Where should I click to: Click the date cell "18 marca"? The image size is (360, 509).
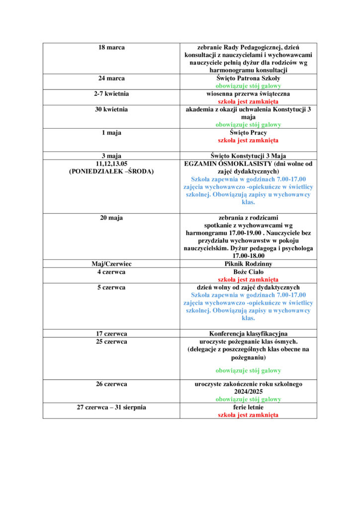click(x=111, y=47)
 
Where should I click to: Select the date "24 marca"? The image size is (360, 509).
click(x=111, y=78)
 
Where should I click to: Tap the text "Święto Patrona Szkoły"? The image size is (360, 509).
click(x=248, y=78)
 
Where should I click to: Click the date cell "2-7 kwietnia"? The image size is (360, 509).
click(x=111, y=93)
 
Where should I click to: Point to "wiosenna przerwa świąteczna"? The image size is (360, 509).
click(x=248, y=93)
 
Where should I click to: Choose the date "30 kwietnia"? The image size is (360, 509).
click(x=111, y=109)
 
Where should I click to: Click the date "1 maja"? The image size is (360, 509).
click(x=111, y=133)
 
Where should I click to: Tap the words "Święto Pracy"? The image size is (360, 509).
click(x=248, y=133)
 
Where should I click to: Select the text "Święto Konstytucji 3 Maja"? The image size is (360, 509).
click(x=248, y=156)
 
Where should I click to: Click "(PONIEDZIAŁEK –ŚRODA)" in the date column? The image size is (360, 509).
click(x=111, y=171)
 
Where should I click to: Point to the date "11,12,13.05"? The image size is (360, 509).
click(x=111, y=163)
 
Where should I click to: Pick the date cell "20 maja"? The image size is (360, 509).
click(x=111, y=217)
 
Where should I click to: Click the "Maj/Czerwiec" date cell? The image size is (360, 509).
click(x=111, y=264)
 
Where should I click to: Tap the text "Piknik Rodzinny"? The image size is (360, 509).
click(x=248, y=264)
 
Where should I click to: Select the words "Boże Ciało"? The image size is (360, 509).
click(x=248, y=272)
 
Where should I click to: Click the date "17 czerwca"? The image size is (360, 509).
click(x=111, y=334)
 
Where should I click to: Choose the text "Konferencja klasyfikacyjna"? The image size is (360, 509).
click(x=248, y=334)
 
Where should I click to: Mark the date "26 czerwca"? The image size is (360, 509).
click(x=111, y=384)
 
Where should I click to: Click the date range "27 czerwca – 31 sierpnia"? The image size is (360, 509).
click(x=111, y=407)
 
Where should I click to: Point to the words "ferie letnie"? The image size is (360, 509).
click(x=248, y=407)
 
